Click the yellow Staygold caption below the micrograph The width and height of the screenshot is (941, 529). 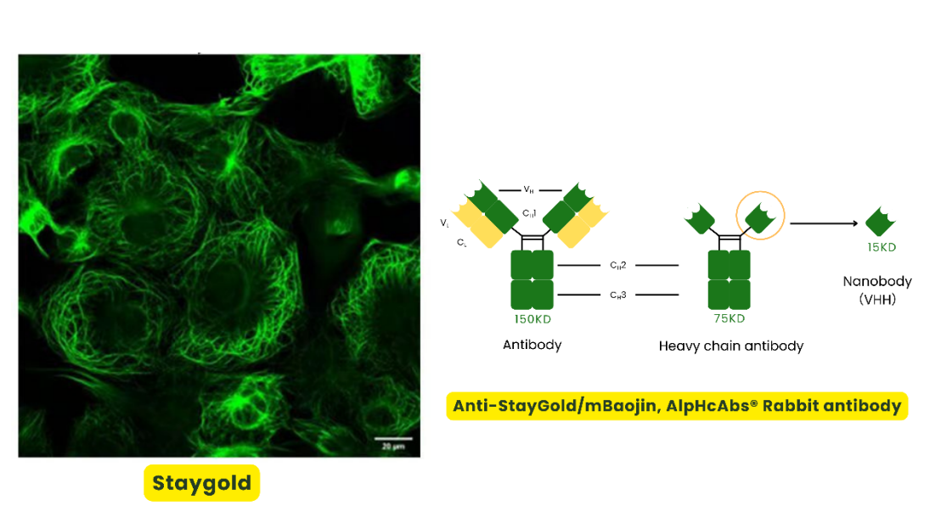pyautogui.click(x=202, y=483)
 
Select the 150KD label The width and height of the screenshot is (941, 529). pyautogui.click(x=532, y=318)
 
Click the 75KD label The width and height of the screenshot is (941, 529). pyautogui.click(x=730, y=318)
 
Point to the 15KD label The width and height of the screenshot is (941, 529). pyautogui.click(x=881, y=248)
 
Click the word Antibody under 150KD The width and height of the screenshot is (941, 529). pyautogui.click(x=532, y=345)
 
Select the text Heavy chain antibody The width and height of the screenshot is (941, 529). pyautogui.click(x=730, y=346)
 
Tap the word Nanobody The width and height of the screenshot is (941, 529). pyautogui.click(x=877, y=281)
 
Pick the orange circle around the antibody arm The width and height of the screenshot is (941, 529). pyautogui.click(x=760, y=217)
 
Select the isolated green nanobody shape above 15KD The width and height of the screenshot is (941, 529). pyautogui.click(x=881, y=222)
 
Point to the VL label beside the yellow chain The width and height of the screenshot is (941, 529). pyautogui.click(x=445, y=222)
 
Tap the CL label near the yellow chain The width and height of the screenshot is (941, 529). pyautogui.click(x=461, y=242)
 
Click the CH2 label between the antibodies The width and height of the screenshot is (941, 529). pyautogui.click(x=617, y=266)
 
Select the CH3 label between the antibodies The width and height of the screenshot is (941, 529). pyautogui.click(x=617, y=295)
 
